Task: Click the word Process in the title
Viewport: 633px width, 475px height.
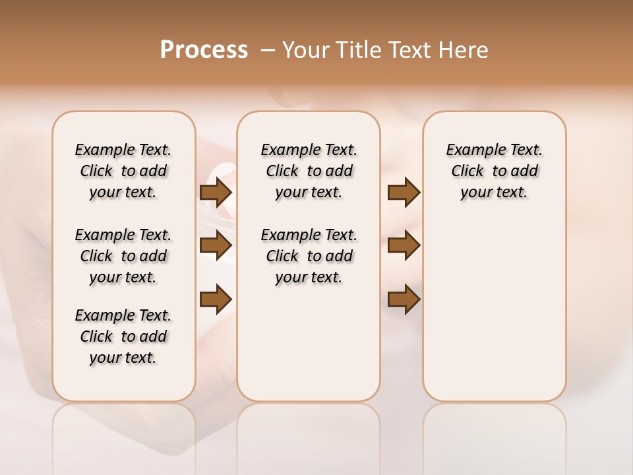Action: point(204,50)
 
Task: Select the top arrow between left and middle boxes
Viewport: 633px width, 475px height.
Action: point(216,192)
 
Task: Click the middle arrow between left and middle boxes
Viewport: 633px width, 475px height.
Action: point(216,245)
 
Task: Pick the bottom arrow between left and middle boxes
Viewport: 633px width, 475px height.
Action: point(216,299)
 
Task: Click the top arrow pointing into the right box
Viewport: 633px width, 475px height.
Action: point(404,192)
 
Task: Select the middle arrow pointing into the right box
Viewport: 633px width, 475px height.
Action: point(404,245)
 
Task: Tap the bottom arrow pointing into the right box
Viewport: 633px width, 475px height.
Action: point(404,299)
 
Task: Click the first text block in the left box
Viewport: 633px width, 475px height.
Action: point(123,171)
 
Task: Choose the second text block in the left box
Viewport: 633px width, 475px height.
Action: point(123,256)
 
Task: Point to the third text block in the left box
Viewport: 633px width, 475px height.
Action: point(123,336)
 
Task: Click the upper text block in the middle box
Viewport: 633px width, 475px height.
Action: point(309,171)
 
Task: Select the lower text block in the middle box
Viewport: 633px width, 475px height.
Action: point(309,256)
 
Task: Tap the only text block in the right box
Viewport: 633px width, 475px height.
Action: point(494,171)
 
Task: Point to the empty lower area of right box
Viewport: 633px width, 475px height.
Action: point(494,310)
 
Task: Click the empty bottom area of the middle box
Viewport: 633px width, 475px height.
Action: point(309,350)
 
